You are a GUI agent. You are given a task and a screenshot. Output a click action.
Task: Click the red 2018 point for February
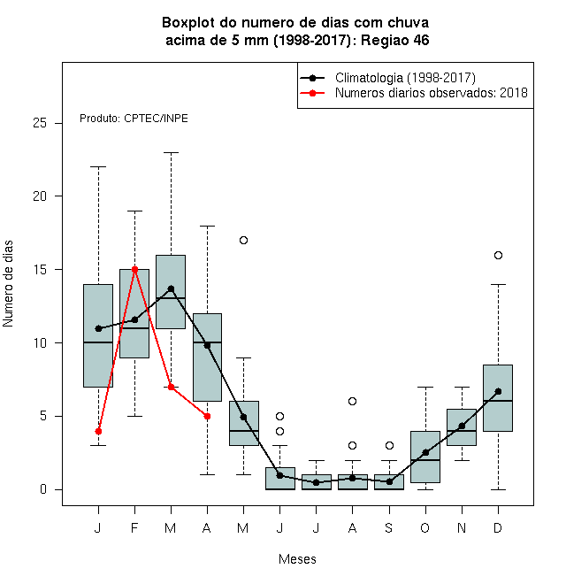(x=134, y=269)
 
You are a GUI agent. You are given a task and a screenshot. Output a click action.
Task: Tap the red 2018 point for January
(x=98, y=431)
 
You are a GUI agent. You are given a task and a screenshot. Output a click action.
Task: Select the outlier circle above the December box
(x=498, y=255)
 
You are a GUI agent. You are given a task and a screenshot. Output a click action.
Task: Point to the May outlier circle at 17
(x=243, y=240)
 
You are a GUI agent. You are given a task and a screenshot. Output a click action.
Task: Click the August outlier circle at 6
(x=352, y=401)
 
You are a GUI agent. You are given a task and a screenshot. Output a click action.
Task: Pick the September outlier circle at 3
(x=389, y=445)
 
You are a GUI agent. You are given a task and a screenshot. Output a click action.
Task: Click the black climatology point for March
(x=171, y=288)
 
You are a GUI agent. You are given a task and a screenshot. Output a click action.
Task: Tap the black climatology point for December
(x=498, y=391)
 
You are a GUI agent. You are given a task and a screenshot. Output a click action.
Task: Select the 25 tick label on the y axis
(x=40, y=123)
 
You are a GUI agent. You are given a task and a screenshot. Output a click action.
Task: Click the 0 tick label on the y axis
(x=43, y=489)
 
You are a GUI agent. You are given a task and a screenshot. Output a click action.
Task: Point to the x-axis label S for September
(x=389, y=527)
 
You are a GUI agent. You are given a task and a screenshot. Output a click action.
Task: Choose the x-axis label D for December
(x=498, y=527)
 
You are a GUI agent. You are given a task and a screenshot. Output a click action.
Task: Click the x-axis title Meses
(x=297, y=559)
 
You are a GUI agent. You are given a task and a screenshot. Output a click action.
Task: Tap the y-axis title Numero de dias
(x=8, y=284)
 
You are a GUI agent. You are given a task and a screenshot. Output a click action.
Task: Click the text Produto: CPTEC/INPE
(x=134, y=119)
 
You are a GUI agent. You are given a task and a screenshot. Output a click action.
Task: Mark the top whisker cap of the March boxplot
(x=171, y=152)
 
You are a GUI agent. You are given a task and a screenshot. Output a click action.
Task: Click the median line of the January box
(x=98, y=342)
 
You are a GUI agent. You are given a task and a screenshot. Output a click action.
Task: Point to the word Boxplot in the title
(x=188, y=23)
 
